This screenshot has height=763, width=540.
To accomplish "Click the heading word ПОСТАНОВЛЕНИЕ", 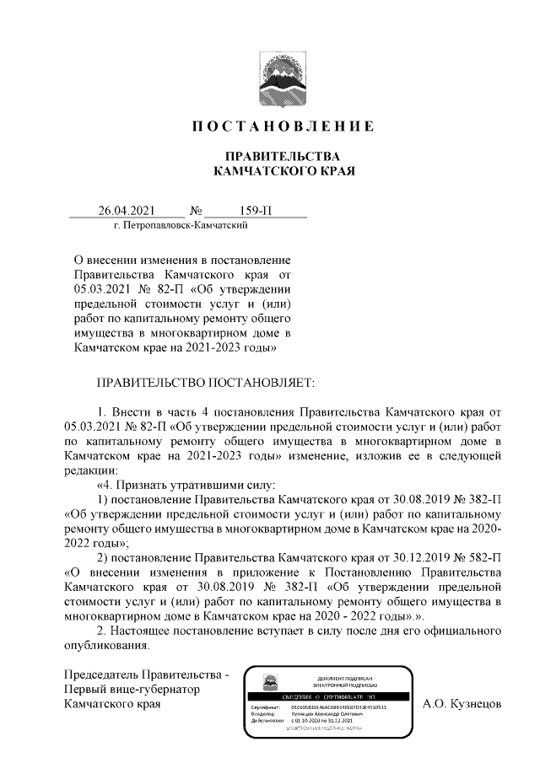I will (278, 126).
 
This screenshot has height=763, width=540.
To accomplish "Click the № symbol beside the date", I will (198, 210).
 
